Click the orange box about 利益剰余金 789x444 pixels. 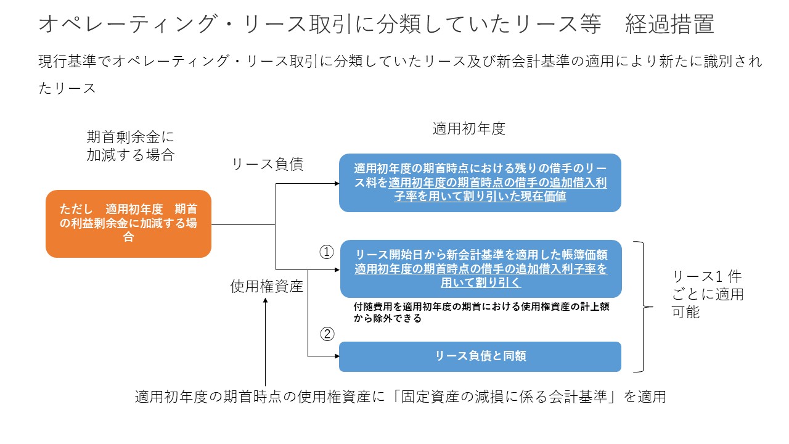128,224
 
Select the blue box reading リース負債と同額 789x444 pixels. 480,356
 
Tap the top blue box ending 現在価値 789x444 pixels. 480,183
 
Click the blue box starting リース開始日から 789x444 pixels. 481,269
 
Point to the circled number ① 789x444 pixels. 326,252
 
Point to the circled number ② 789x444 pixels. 326,334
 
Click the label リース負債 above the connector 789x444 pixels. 268,165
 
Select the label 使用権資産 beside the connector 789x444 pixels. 267,286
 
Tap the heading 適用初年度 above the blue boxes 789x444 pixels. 468,129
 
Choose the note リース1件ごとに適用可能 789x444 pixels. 708,294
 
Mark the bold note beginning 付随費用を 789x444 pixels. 481,313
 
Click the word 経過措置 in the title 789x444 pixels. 669,25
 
